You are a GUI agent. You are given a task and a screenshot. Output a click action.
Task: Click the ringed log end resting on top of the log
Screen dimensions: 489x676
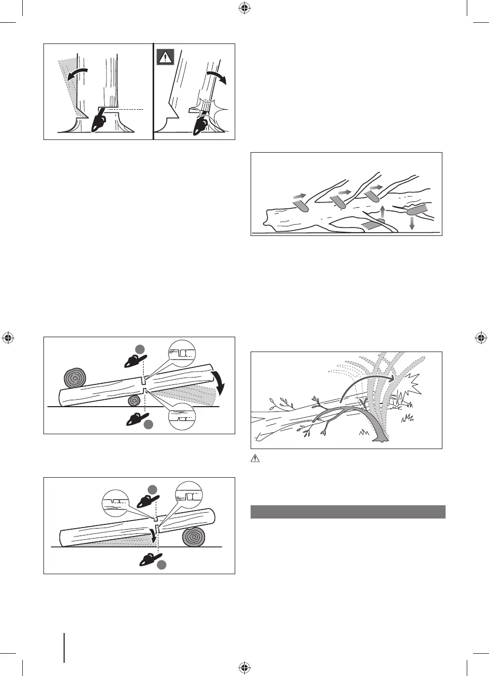[x=74, y=377]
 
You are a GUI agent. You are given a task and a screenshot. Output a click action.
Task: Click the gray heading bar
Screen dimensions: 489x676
[x=347, y=512]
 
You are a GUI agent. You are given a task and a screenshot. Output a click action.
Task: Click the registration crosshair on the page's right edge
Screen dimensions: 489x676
[x=481, y=338]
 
